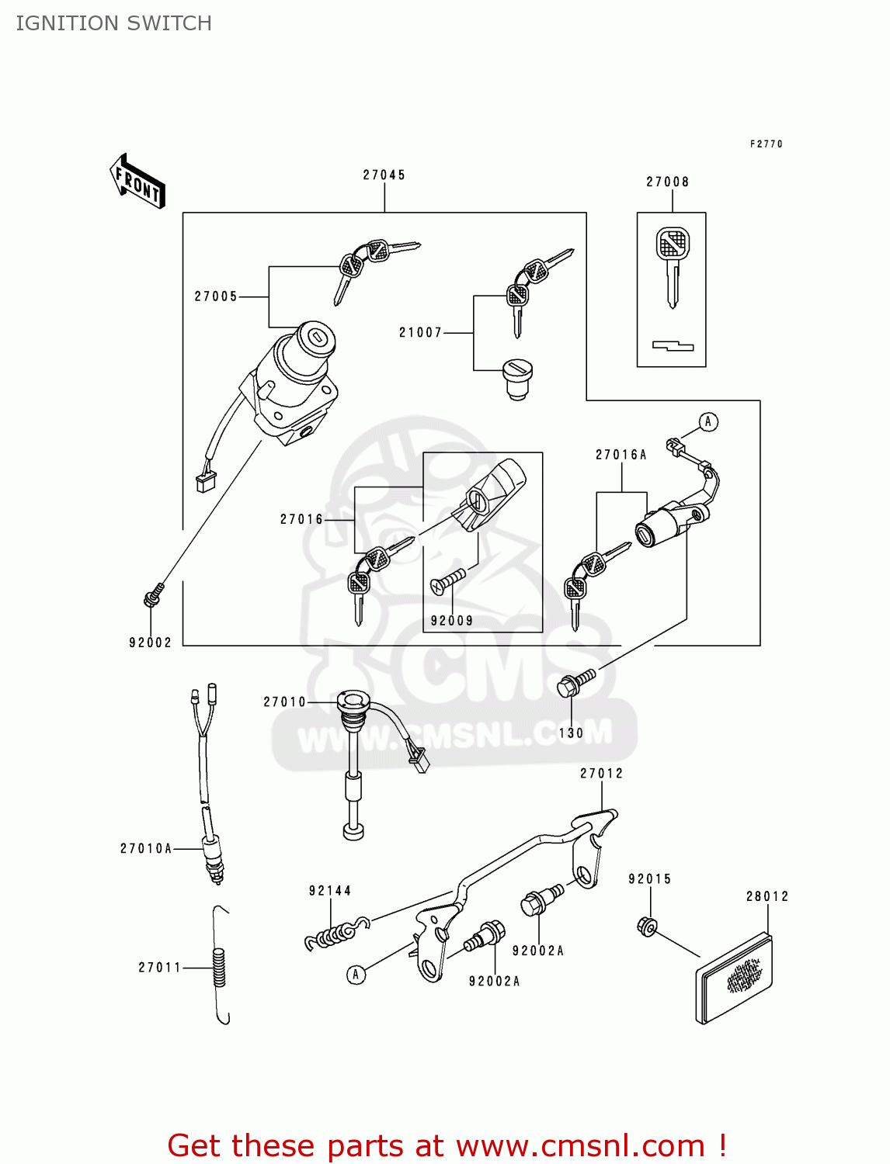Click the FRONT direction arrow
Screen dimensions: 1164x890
pos(137,182)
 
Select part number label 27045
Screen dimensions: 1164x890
pos(384,175)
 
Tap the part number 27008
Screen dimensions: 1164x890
pos(667,182)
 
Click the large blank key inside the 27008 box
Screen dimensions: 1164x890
pos(672,264)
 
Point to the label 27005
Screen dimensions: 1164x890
pos(215,296)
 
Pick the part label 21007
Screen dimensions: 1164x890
pos(420,333)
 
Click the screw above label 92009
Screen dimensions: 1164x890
pos(448,581)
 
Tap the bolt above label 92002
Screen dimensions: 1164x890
pos(153,595)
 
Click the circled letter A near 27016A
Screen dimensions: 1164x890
pos(707,422)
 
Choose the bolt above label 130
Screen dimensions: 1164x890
pos(575,683)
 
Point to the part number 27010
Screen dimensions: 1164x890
pos(284,702)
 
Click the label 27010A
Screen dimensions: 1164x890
pos(145,849)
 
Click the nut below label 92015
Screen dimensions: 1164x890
pos(647,926)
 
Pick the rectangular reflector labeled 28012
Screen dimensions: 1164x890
pos(734,978)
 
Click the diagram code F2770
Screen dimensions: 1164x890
pos(766,144)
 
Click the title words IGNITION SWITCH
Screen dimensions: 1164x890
pos(113,23)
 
